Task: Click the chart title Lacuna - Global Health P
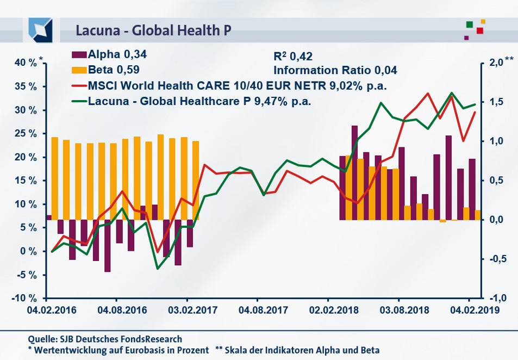coord(153,30)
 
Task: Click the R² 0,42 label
coord(293,55)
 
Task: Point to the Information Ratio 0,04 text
coord(335,70)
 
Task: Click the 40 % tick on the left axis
coord(25,63)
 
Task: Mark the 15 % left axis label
coord(25,181)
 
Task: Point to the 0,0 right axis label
coord(496,220)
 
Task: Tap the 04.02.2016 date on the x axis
coord(45,311)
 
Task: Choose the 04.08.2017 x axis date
coord(257,311)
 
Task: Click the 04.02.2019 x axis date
coord(470,311)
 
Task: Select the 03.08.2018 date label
coord(398,311)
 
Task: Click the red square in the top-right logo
coord(480,30)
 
